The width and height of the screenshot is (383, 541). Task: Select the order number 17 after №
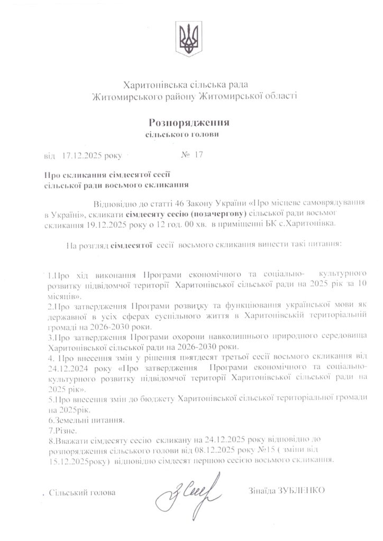[x=199, y=155]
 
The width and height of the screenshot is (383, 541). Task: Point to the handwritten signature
[x=184, y=492]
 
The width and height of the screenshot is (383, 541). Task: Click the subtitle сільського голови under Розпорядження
[x=182, y=135]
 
